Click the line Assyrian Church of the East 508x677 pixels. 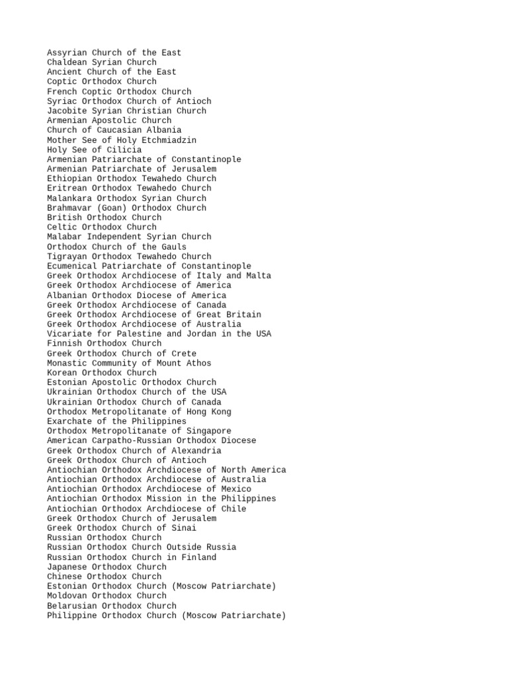(x=114, y=53)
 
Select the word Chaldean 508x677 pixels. (x=67, y=62)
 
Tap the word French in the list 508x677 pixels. (x=62, y=91)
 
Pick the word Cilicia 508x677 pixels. (x=124, y=149)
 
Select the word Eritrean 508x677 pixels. (x=69, y=188)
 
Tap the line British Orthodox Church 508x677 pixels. (x=104, y=218)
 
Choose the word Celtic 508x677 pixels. (x=62, y=227)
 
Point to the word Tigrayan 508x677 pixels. (x=69, y=256)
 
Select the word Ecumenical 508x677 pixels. (x=74, y=266)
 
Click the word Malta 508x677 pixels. (x=259, y=276)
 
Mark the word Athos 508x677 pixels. (x=199, y=363)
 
